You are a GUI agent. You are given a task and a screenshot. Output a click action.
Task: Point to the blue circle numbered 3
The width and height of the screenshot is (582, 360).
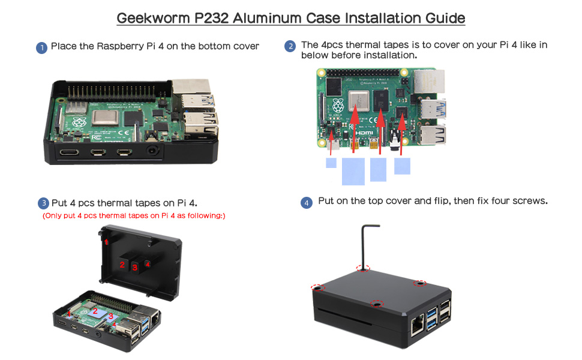43,203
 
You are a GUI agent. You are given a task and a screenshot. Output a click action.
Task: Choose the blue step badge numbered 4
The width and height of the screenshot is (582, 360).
307,203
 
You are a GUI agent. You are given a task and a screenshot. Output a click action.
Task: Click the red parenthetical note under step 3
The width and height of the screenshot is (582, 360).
134,215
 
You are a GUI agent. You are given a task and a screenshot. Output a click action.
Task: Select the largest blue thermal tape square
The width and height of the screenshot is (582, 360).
353,172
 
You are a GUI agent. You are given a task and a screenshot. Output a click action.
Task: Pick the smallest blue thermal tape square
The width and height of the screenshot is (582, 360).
331,163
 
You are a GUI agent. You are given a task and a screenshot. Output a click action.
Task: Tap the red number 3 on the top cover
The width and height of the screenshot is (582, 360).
135,267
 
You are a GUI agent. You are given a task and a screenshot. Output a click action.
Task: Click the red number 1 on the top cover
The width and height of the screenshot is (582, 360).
106,242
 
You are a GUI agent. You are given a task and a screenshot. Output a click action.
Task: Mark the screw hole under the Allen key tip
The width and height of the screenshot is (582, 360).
362,269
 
